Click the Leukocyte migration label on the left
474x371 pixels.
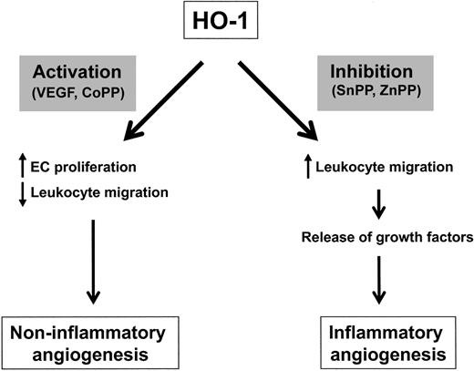point(96,191)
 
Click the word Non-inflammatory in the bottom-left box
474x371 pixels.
point(96,334)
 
